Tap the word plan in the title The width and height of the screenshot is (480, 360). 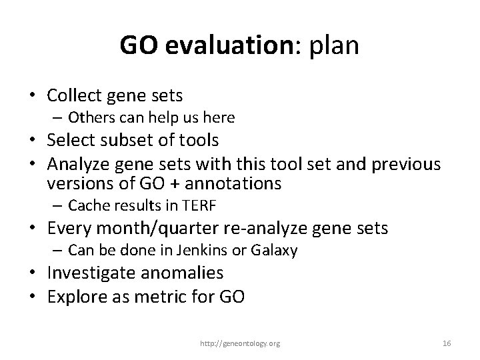click(x=334, y=46)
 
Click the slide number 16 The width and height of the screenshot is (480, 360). click(x=447, y=343)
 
